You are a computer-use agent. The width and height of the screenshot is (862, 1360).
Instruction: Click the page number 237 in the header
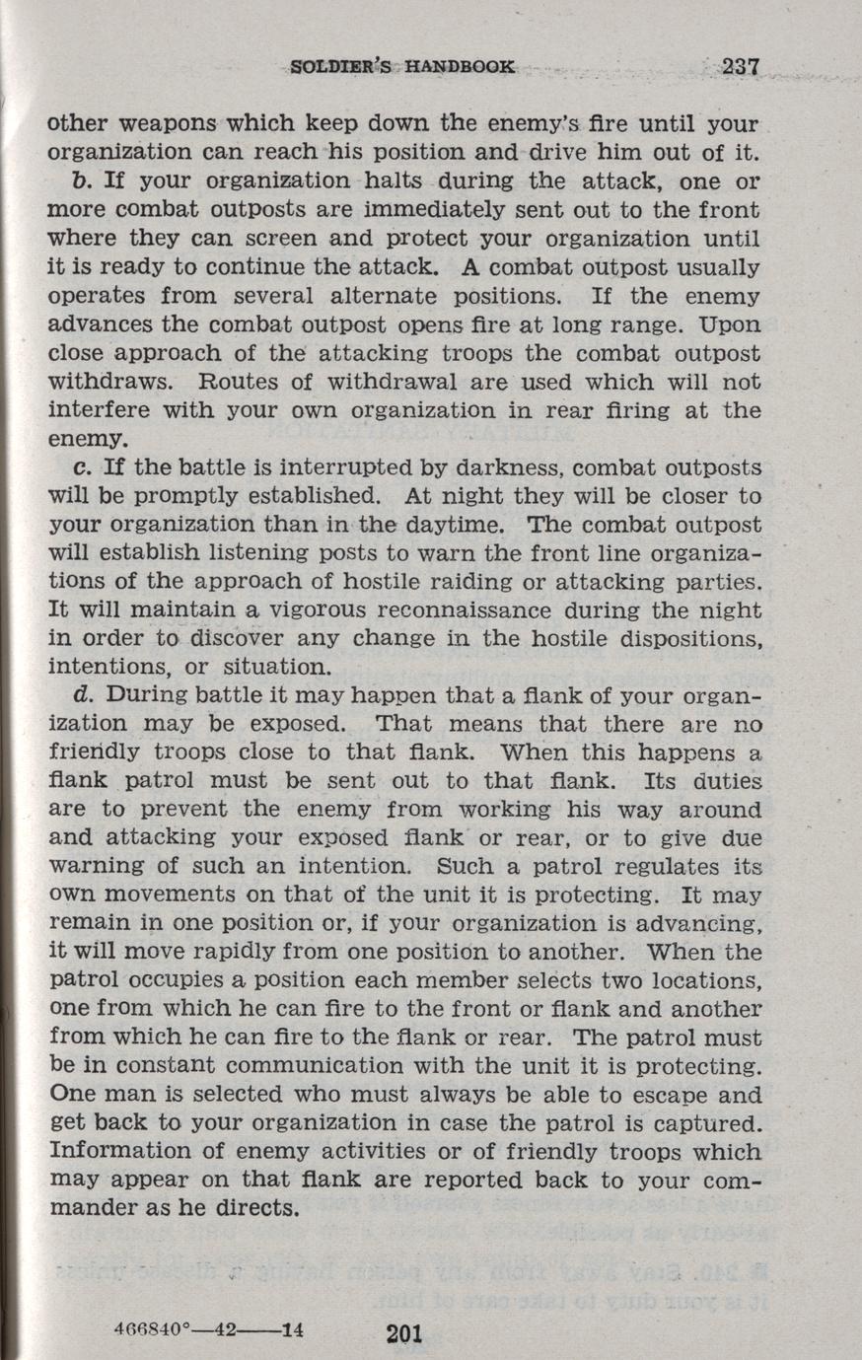point(739,68)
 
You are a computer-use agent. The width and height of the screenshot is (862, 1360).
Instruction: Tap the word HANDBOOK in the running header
point(460,68)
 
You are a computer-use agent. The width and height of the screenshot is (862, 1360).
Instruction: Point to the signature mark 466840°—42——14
point(207,1327)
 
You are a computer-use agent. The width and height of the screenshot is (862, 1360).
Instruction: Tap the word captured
point(709,1123)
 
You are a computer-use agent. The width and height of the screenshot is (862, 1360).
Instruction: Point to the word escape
point(662,1095)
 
